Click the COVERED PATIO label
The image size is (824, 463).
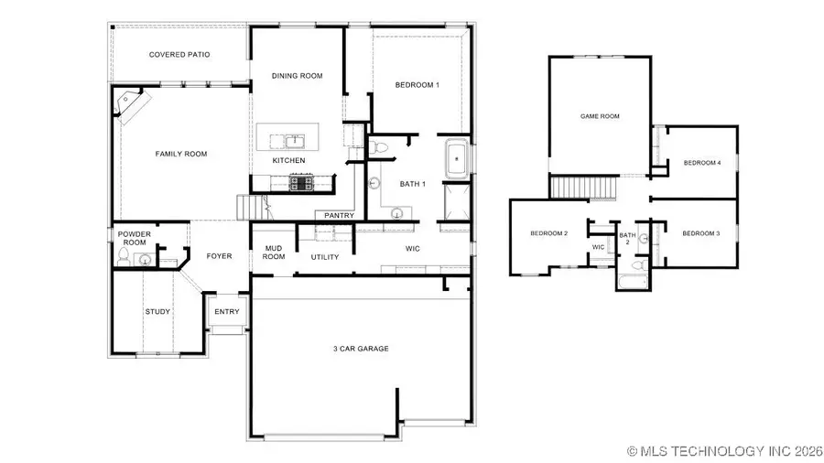(179, 55)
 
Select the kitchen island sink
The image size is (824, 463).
(294, 141)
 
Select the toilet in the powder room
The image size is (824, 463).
(124, 259)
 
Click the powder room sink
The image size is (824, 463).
(145, 260)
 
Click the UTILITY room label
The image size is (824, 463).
(325, 257)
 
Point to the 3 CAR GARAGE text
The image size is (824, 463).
(361, 349)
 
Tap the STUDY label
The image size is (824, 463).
(157, 312)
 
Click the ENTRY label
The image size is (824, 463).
(227, 312)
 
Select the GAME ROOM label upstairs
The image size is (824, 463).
(601, 116)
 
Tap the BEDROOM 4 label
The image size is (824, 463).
(702, 163)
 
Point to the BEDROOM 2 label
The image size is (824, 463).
(549, 233)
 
